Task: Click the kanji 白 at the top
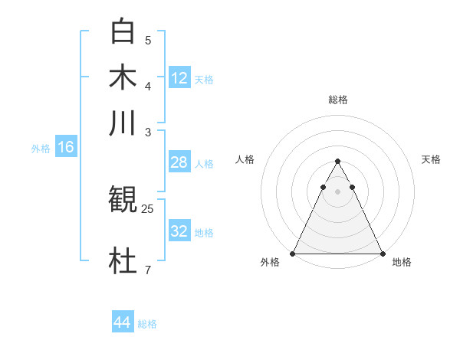pyautogui.click(x=123, y=32)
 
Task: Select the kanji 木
pyautogui.click(x=123, y=77)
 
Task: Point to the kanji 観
pyautogui.click(x=123, y=201)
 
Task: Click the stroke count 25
pyautogui.click(x=148, y=208)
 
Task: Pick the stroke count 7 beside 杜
pyautogui.click(x=148, y=269)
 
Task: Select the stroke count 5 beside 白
pyautogui.click(x=148, y=40)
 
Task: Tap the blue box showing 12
pyautogui.click(x=179, y=77)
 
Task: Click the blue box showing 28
pyautogui.click(x=179, y=162)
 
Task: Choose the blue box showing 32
pyautogui.click(x=179, y=231)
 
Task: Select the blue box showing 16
pyautogui.click(x=66, y=148)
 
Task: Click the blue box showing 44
pyautogui.click(x=123, y=322)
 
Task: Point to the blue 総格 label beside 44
pyautogui.click(x=148, y=324)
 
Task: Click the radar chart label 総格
pyautogui.click(x=337, y=100)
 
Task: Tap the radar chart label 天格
pyautogui.click(x=431, y=159)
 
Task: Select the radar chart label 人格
pyautogui.click(x=245, y=159)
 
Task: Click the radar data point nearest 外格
pyautogui.click(x=293, y=254)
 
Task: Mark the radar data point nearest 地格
pyautogui.click(x=382, y=254)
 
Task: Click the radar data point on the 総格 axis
pyautogui.click(x=337, y=162)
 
